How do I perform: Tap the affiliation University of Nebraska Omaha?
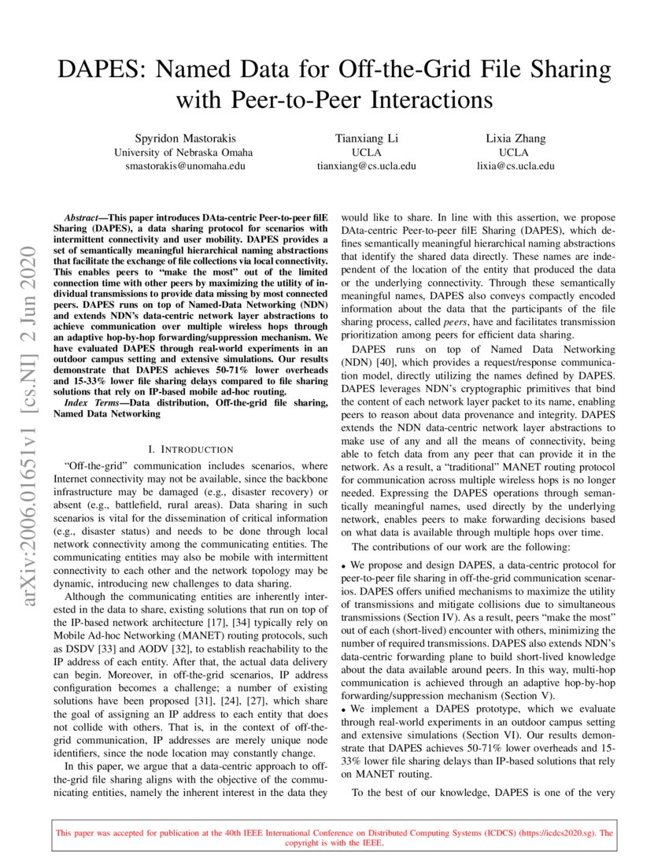(x=183, y=153)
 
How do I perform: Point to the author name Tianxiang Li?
(x=366, y=139)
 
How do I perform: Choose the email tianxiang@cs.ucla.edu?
(x=366, y=166)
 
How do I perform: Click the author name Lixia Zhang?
(x=515, y=139)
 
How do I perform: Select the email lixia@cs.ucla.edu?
(x=515, y=166)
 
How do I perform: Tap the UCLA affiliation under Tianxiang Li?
(x=366, y=153)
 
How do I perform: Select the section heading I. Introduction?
(x=190, y=450)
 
